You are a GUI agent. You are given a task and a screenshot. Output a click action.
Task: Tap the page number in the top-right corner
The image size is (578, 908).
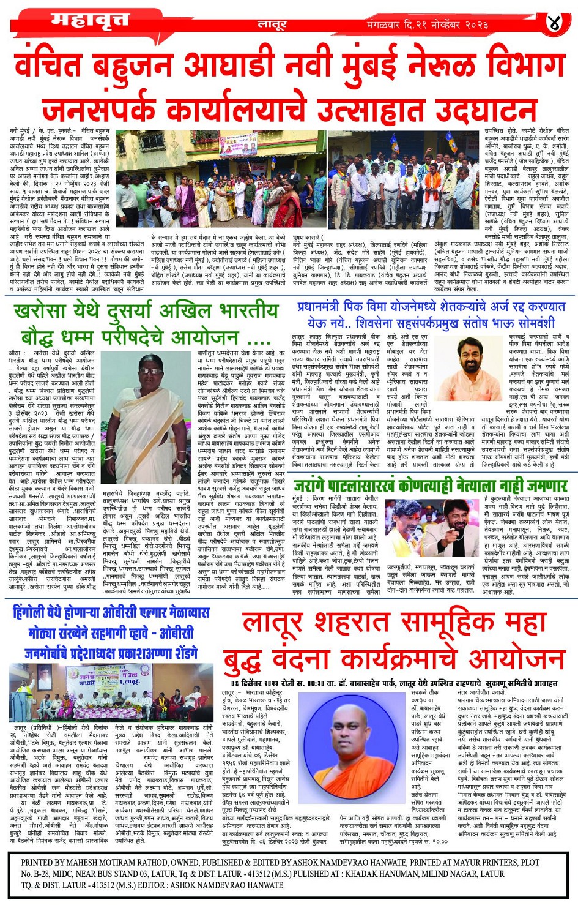point(554,23)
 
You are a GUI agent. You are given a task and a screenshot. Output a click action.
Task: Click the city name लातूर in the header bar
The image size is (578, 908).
point(272,25)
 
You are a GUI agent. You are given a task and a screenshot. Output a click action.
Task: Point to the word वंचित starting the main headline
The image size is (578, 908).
point(56,67)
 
